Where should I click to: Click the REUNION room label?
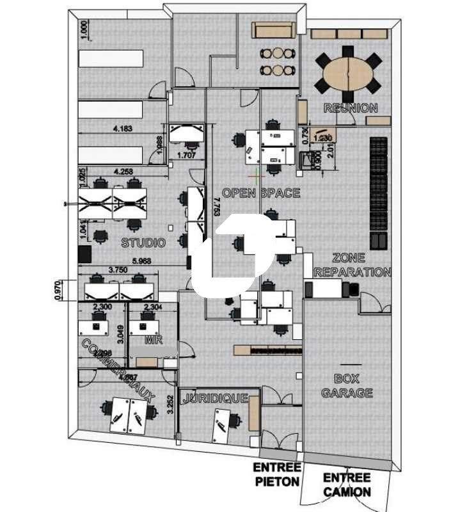click(x=351, y=108)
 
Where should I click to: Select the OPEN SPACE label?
click(x=260, y=193)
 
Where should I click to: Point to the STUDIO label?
click(x=143, y=243)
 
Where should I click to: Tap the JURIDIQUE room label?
click(x=216, y=398)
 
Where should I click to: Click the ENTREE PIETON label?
click(x=278, y=474)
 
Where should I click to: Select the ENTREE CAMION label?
click(x=347, y=484)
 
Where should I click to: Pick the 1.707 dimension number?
click(x=186, y=155)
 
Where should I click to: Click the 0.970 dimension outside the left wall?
click(x=58, y=290)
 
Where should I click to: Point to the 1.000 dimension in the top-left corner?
click(x=83, y=29)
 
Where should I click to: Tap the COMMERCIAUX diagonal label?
click(x=118, y=370)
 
